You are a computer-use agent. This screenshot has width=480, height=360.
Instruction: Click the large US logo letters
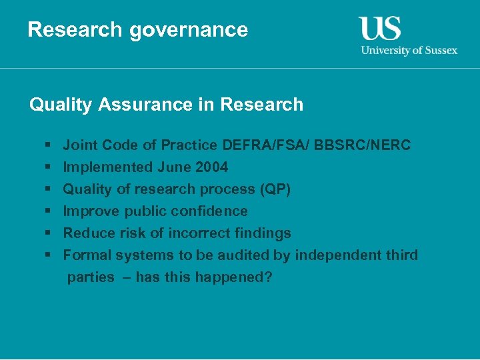tap(380, 28)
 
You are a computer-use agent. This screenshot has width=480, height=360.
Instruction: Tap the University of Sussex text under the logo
tap(409, 50)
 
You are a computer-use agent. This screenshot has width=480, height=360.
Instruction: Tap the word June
tap(172, 167)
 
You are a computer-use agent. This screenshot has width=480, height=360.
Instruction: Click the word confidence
tap(209, 211)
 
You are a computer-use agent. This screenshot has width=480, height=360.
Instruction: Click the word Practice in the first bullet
tap(191, 145)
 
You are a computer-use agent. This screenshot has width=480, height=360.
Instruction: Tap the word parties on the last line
tap(91, 277)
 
